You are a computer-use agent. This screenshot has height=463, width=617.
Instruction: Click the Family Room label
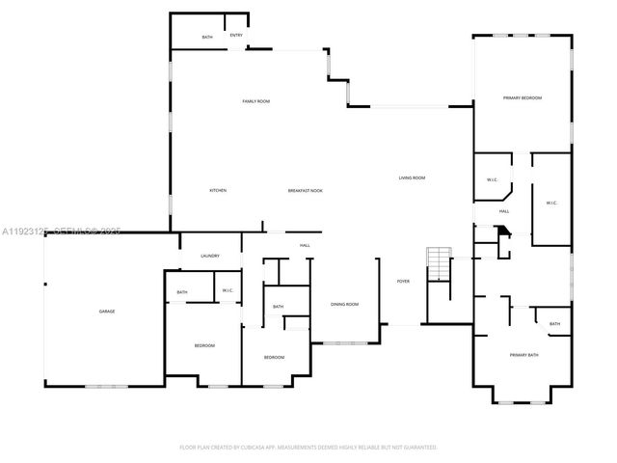coord(255,101)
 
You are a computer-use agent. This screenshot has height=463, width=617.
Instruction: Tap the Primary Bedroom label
coord(522,98)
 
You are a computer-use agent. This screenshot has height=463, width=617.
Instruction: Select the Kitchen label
coord(218,190)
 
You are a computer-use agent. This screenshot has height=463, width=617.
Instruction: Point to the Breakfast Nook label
coord(305,190)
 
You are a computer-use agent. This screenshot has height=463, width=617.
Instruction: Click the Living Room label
coord(413,177)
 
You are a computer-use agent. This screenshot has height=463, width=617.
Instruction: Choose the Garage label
coord(107,312)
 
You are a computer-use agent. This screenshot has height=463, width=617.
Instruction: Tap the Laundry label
coord(210,256)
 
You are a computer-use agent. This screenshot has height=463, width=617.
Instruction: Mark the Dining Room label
coord(344,305)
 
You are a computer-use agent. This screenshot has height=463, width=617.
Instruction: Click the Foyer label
coord(403,281)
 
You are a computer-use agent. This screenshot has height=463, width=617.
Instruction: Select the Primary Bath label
coord(523,356)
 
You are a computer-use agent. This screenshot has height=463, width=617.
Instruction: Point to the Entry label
coord(236,36)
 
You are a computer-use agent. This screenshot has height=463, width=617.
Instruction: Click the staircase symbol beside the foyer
coord(439,263)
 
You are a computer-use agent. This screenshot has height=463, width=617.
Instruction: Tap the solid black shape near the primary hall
coord(502,232)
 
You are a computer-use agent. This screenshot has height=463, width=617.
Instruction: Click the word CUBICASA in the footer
coord(259,448)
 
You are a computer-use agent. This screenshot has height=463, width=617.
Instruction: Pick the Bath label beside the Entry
coord(207,37)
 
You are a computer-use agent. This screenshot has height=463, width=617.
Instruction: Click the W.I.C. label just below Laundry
coord(228,290)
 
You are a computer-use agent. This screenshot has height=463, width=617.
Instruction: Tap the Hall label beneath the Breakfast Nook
coord(305,245)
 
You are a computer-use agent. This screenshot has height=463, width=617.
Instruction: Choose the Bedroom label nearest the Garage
coord(204,345)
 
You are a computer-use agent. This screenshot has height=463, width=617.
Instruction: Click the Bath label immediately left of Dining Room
coord(278,307)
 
